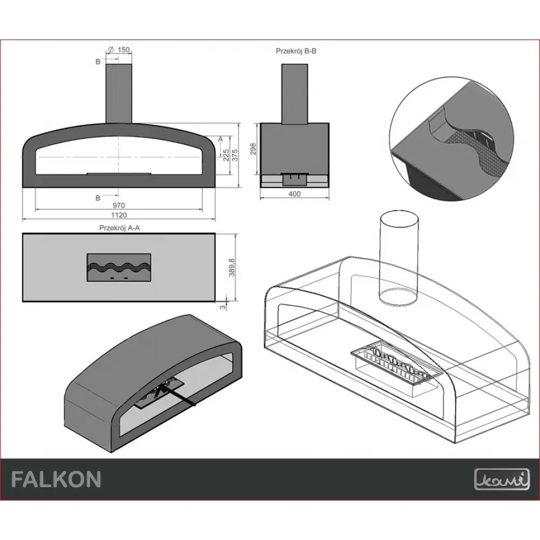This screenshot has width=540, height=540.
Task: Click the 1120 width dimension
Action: point(119,214)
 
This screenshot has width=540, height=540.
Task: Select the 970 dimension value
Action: point(119,205)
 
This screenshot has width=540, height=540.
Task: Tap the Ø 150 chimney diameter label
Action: point(119,50)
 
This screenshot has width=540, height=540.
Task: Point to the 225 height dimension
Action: point(226,156)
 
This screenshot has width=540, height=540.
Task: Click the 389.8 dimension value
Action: point(232,267)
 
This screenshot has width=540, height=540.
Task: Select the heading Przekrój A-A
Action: point(119,227)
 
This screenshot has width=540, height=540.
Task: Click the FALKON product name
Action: point(56,479)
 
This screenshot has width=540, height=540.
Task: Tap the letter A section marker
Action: point(220,139)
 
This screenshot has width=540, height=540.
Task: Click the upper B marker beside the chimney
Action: point(98,62)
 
